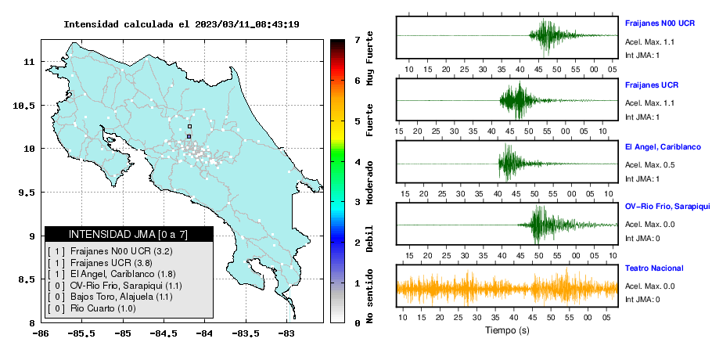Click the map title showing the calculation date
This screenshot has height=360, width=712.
coord(182,24)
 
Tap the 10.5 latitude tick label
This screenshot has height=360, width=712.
coord(24,106)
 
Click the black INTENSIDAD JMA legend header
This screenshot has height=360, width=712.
coord(129,234)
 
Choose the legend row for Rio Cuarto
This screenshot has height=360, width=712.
coord(92,308)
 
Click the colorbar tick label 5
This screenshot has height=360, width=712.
coord(358,121)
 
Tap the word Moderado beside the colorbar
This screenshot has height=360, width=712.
coord(369,182)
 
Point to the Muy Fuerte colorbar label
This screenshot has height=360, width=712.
coord(369,58)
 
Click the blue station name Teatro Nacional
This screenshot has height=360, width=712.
coord(654,268)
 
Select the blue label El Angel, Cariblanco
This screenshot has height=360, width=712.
coord(663,147)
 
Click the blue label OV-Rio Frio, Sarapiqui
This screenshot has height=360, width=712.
coord(667,207)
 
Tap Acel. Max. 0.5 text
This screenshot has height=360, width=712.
coord(649,165)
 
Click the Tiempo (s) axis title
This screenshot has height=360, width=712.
coord(507,330)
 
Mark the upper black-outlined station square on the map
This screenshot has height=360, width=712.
coord(189,127)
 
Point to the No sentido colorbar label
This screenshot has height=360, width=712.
coord(369,296)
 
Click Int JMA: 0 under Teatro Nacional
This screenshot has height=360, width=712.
coord(642,300)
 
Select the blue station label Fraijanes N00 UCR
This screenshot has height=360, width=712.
coord(660,23)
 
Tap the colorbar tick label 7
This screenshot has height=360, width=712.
coord(358,40)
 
